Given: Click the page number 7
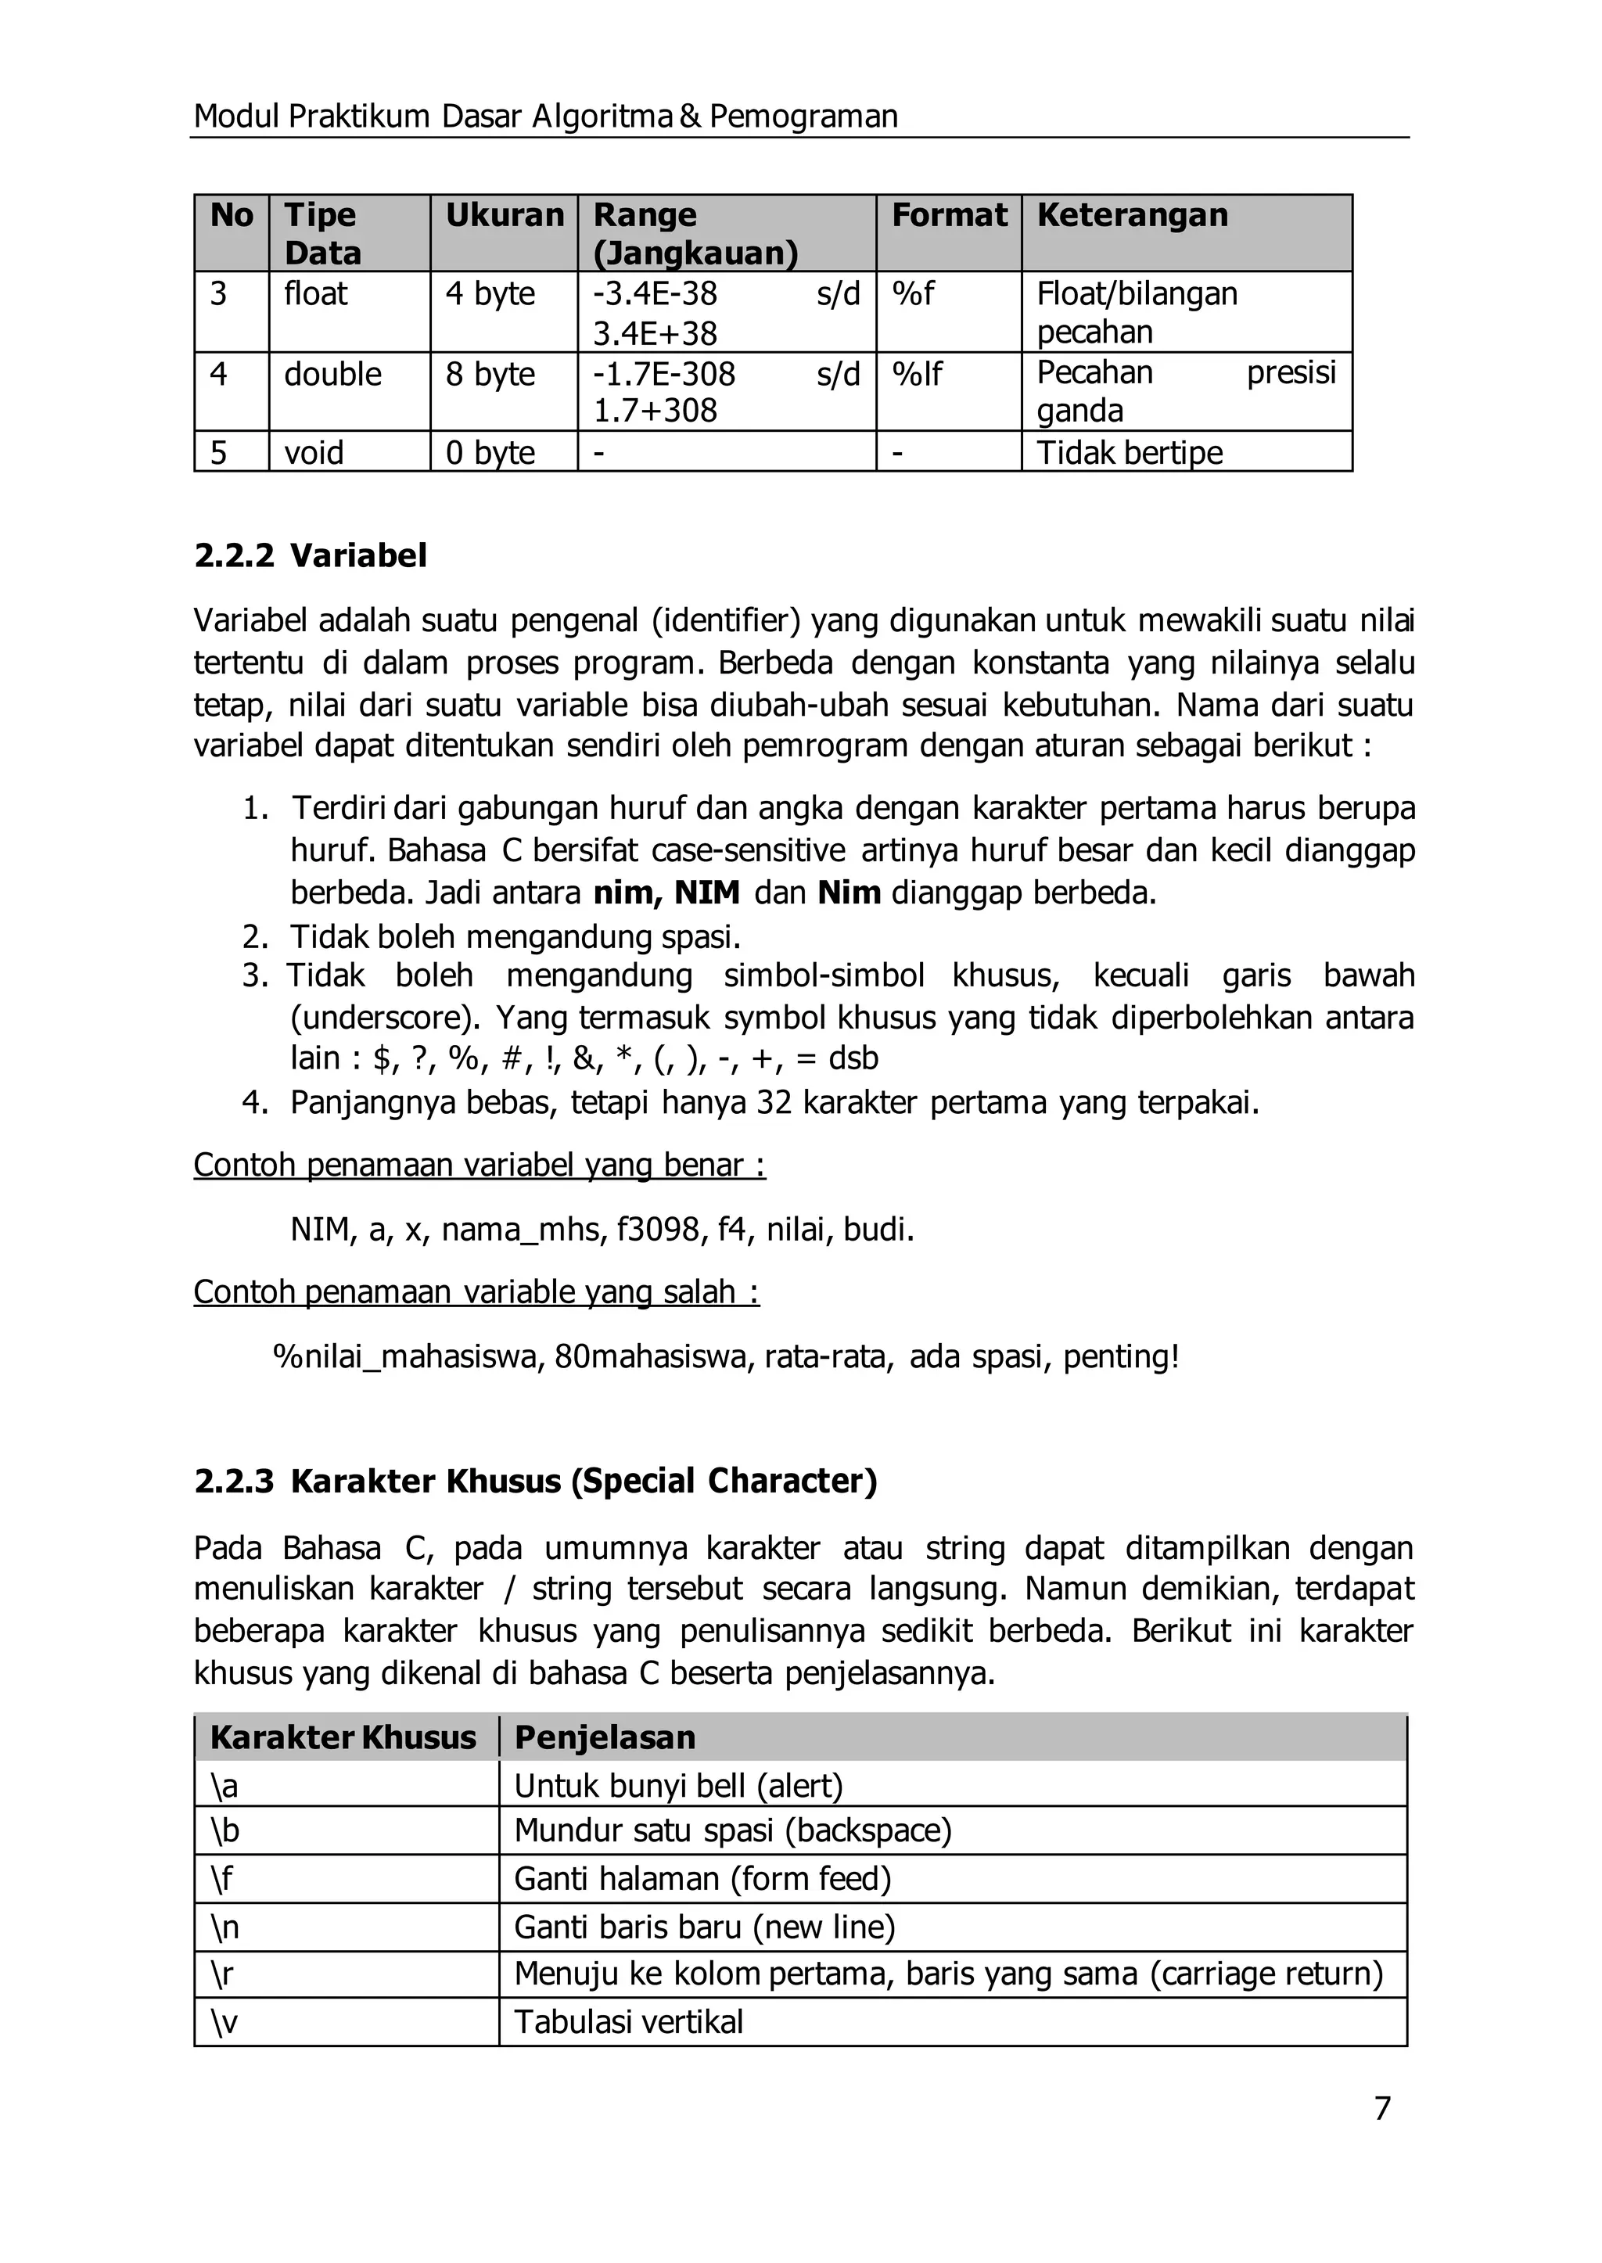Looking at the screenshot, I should click(x=1382, y=2108).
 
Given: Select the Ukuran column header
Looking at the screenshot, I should click(x=504, y=215).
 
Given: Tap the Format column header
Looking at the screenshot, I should click(x=949, y=215).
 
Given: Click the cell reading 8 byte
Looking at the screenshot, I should click(x=490, y=375).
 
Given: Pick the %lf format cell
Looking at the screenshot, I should click(x=917, y=375).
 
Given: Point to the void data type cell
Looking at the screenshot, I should click(x=314, y=453).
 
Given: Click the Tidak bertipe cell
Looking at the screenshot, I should click(x=1130, y=453).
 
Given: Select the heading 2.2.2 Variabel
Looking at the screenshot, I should click(x=311, y=555).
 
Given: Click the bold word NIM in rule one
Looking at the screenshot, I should click(x=706, y=893).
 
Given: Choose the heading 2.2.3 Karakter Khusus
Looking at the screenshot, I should click(x=536, y=1481).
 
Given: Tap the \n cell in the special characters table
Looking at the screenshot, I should click(x=225, y=1927).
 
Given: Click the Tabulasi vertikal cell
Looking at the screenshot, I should click(x=628, y=2022).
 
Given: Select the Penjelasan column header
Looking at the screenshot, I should click(x=605, y=1737).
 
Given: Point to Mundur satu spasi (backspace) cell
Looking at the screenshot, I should click(x=733, y=1831).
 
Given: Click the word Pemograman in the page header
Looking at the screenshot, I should click(x=803, y=117).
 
